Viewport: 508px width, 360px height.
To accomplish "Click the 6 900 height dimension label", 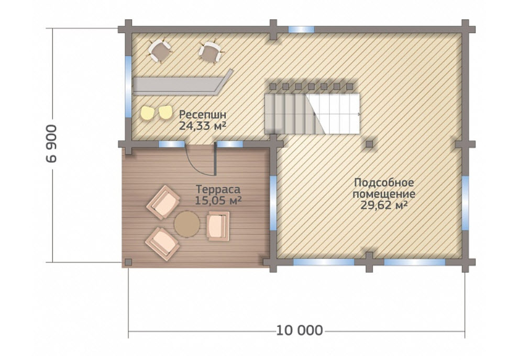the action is [52, 143].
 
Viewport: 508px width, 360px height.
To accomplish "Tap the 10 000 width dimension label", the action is [300, 331].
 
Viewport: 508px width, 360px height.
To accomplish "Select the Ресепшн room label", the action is [203, 115].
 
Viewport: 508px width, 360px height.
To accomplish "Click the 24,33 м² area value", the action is [203, 125].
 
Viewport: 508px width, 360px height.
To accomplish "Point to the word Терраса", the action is [218, 189].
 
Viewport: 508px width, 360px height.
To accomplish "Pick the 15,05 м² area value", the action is [218, 201].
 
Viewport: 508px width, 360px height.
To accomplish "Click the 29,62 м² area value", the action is [384, 205].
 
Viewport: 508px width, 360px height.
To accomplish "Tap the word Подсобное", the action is [384, 183].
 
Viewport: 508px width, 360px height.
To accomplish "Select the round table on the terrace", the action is [187, 224].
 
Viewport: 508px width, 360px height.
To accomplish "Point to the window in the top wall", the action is [301, 29].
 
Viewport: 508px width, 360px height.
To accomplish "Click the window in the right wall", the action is [465, 203].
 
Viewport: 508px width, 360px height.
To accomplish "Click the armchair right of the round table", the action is [218, 226].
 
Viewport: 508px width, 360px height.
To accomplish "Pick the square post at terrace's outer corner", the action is [128, 262].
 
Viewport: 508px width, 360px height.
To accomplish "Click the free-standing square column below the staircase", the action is [369, 144].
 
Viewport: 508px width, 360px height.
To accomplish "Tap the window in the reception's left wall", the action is [128, 87].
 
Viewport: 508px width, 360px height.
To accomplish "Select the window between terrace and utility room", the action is [273, 203].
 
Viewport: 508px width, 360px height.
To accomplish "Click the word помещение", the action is [384, 194].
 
